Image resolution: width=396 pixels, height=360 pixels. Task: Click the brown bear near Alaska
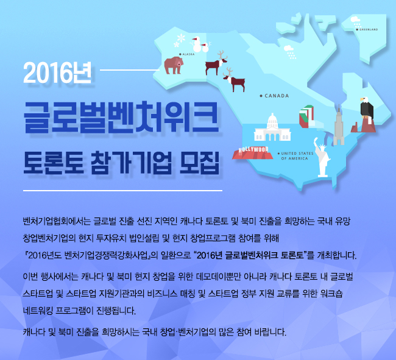click(x=174, y=65)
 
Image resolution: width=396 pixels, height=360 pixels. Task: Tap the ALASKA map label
click(x=187, y=54)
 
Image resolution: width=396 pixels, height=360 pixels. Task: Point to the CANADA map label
click(x=275, y=96)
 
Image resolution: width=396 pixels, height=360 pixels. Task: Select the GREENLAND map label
click(x=367, y=29)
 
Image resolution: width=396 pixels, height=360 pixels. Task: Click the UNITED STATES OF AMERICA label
click(x=295, y=156)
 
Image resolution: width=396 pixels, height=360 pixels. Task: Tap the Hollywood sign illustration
click(x=253, y=153)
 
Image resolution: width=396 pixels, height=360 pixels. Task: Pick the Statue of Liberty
click(x=322, y=157)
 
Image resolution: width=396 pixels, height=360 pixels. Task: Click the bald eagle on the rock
click(x=366, y=108)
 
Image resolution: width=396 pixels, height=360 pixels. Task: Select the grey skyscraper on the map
click(x=339, y=125)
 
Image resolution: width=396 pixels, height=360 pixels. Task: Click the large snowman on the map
click(x=197, y=44)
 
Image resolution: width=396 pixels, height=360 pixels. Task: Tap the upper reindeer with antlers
click(x=216, y=63)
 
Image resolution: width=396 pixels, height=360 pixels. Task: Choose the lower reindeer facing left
click(x=235, y=80)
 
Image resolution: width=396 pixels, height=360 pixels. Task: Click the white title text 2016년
click(x=57, y=73)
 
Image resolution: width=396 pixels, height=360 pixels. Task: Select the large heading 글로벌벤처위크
click(x=121, y=117)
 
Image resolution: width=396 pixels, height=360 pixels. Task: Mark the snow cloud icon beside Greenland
click(x=356, y=22)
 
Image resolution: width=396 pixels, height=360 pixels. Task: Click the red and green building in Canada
click(x=306, y=116)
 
